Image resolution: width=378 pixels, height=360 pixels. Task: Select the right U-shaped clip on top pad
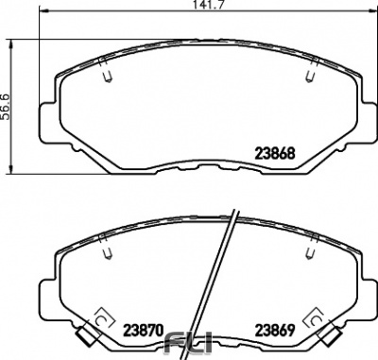(x=310, y=77)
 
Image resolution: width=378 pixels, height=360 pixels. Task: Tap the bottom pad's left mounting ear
(x=47, y=293)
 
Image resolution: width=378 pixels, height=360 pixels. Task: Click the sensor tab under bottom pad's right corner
(x=332, y=332)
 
